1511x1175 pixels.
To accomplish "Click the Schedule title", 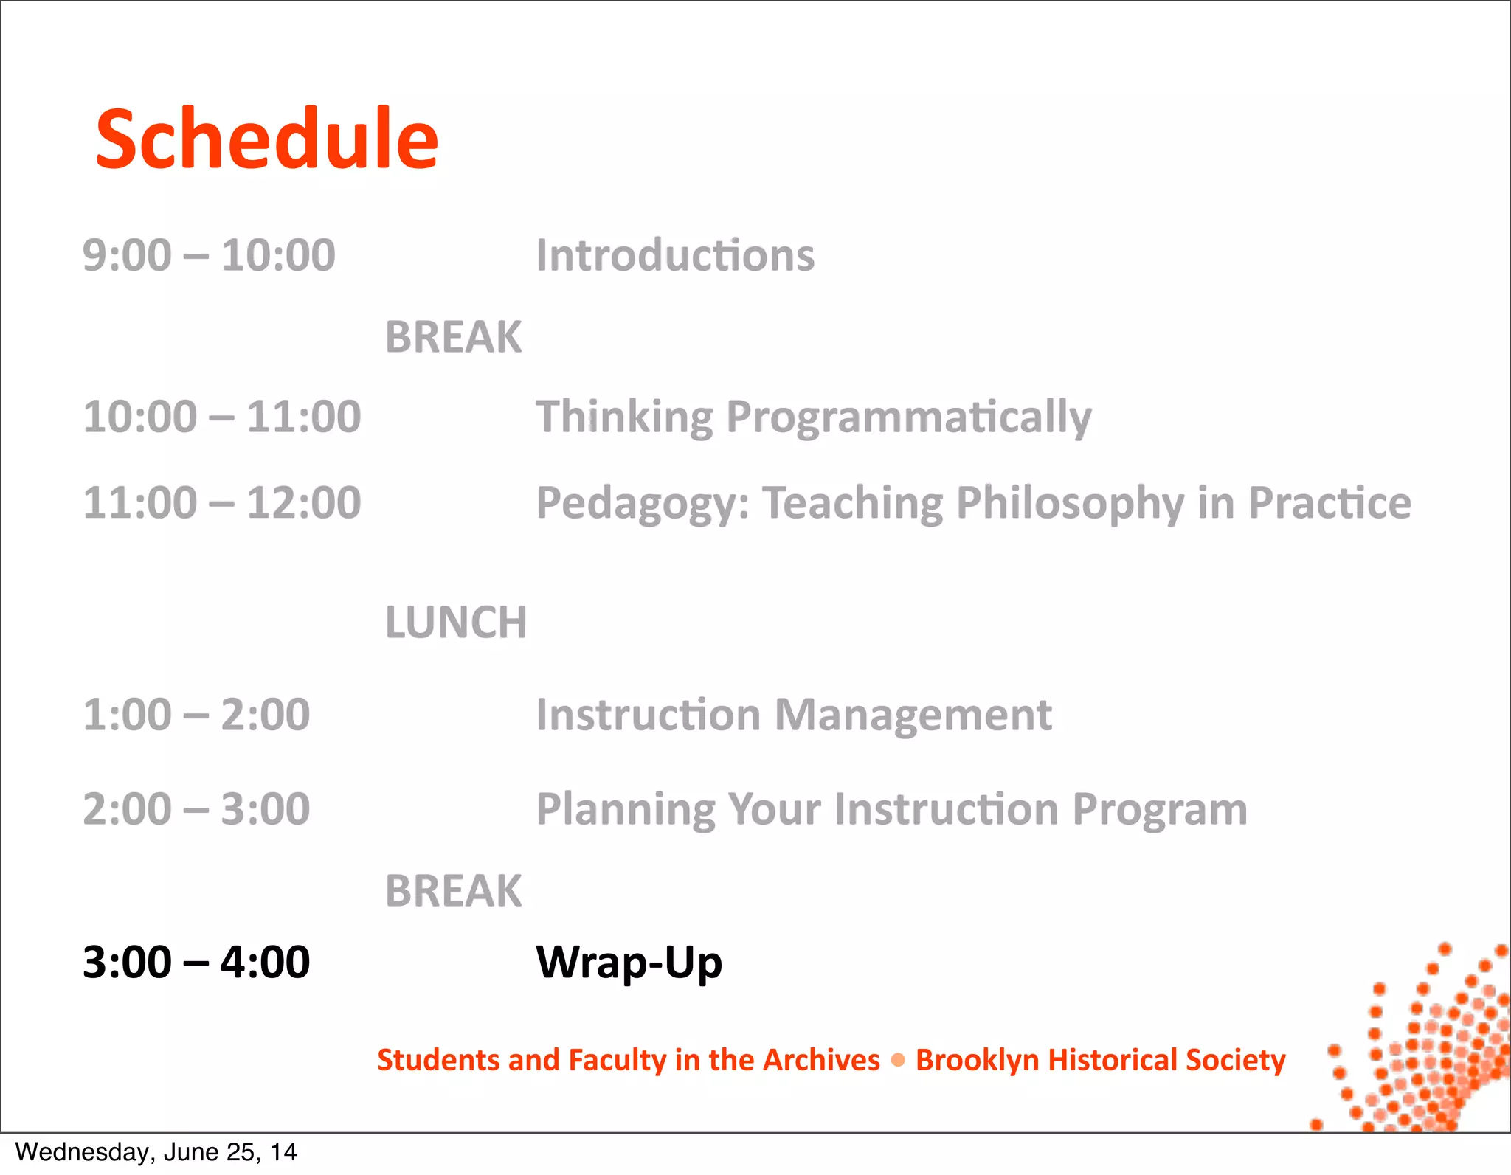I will tap(267, 139).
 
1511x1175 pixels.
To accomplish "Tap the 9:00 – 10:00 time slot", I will tap(209, 255).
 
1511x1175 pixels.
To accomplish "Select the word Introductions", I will tap(675, 255).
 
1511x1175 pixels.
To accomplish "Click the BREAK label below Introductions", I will tap(453, 337).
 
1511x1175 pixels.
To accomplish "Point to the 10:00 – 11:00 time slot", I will tap(221, 417).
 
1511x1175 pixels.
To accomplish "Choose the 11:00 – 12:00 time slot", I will tap(221, 503).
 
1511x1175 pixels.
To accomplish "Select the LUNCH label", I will tap(456, 622).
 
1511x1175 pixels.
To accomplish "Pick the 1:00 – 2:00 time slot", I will tap(196, 715).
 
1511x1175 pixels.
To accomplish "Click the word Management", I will tap(913, 715).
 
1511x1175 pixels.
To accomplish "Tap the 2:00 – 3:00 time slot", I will tap(196, 809).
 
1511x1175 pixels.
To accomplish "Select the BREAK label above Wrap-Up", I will tap(453, 890).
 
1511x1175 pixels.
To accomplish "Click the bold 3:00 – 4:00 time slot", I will tap(196, 963).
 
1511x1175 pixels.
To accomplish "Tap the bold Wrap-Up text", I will tap(629, 963).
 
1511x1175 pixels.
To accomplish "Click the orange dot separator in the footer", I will tap(898, 1060).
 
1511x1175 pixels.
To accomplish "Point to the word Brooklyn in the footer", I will tap(976, 1061).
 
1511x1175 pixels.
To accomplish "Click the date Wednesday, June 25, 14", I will tap(156, 1152).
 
